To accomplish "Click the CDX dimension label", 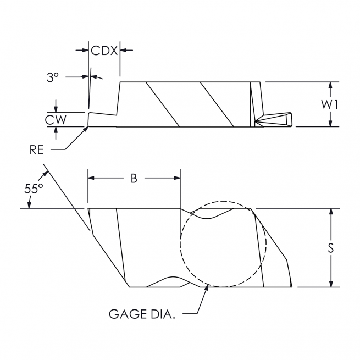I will [x=104, y=51].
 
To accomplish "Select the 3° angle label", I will [x=52, y=77].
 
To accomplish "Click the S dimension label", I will [x=331, y=248].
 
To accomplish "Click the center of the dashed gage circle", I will [x=223, y=243].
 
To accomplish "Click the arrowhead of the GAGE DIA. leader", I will [x=207, y=286].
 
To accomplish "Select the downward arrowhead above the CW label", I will [x=56, y=109].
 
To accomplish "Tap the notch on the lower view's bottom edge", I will [x=170, y=281].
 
